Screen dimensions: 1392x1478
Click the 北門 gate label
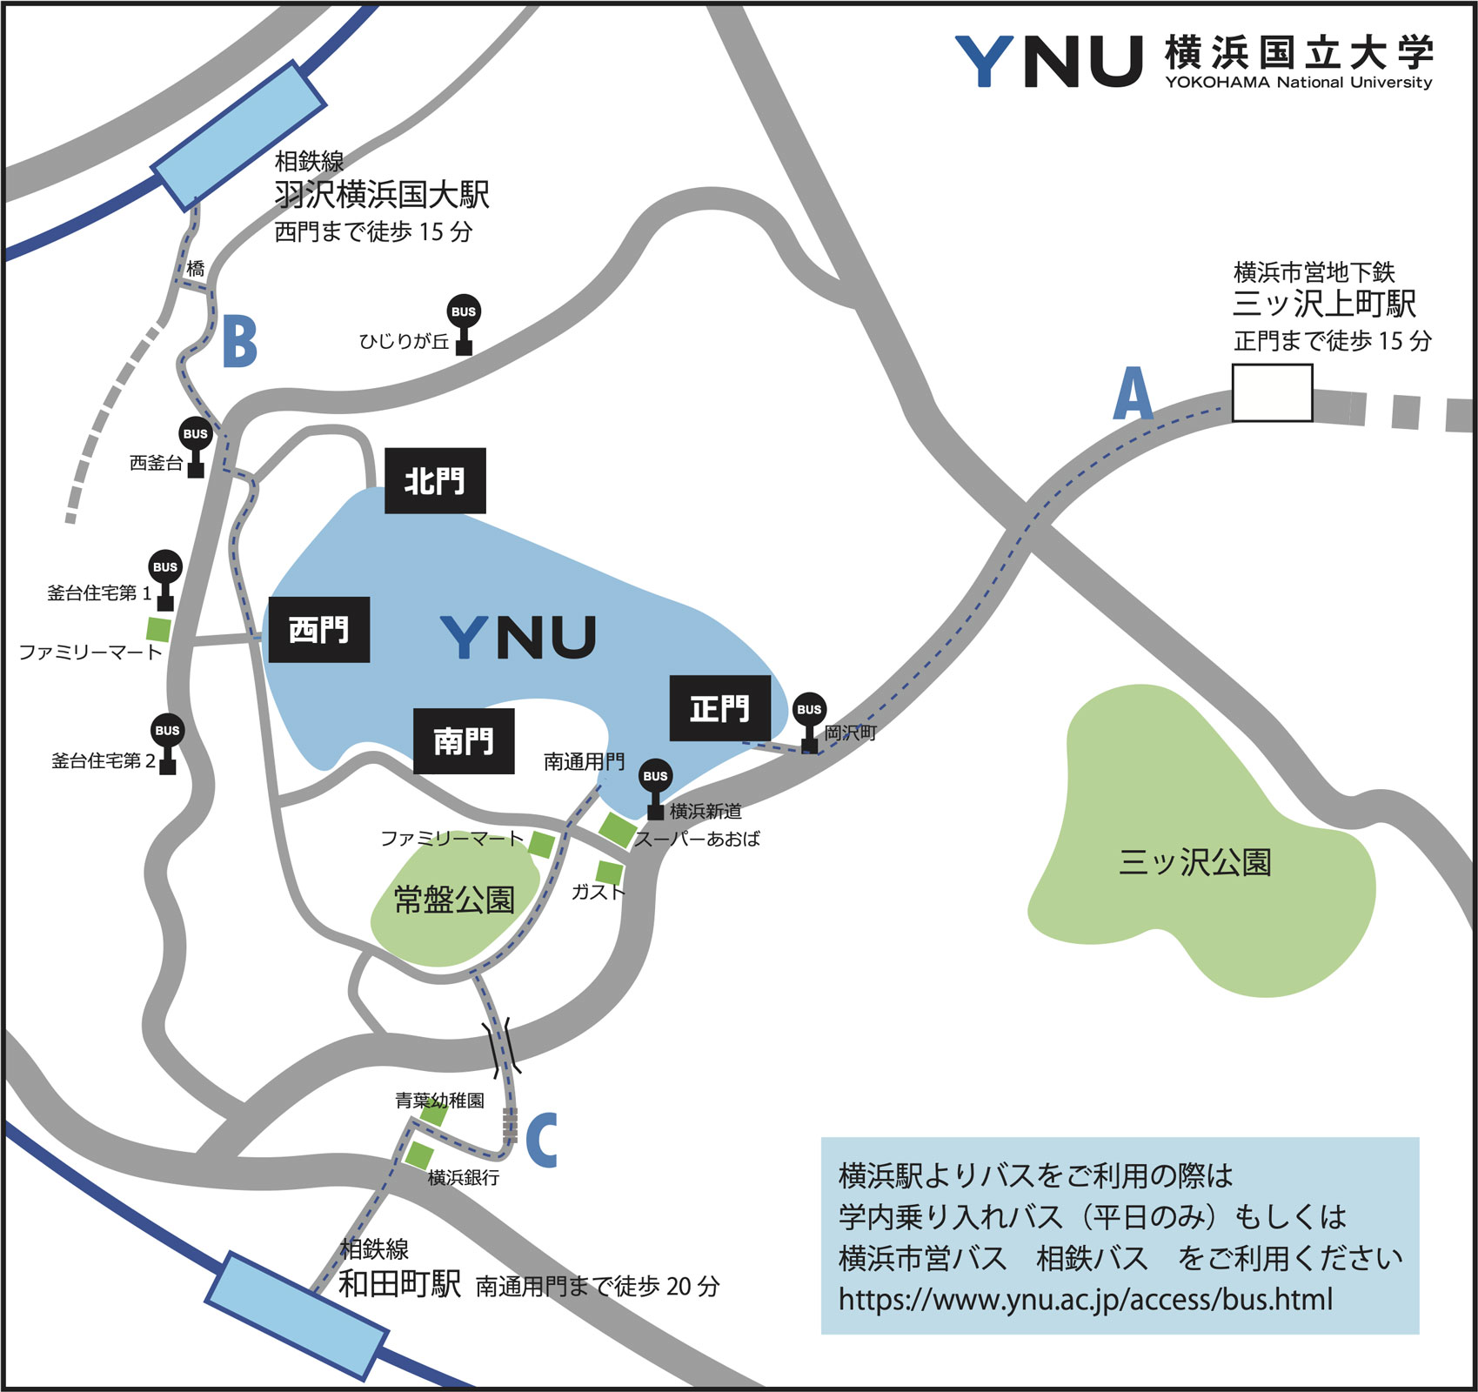pos(435,480)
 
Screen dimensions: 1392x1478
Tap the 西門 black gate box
pos(319,630)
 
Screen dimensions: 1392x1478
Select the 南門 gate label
pos(464,741)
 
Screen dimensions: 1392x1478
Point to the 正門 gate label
pos(720,708)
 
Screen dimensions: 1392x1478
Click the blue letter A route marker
pos(1134,394)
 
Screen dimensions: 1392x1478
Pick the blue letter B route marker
pos(240,342)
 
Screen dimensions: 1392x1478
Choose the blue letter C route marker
pos(541,1140)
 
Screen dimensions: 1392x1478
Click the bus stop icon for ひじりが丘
pos(464,323)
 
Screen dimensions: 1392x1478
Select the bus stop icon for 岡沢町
pos(809,720)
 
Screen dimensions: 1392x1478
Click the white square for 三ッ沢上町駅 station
pos(1272,393)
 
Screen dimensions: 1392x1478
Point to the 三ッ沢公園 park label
pos(1194,862)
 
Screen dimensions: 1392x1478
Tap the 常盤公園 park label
pos(454,900)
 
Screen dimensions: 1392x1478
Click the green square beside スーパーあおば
pos(618,829)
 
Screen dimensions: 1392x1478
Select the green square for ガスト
pos(610,872)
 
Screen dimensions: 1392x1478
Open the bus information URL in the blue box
pos(1085,1299)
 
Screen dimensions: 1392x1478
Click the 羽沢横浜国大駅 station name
pos(382,195)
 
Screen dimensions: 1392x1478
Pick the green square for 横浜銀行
pos(418,1155)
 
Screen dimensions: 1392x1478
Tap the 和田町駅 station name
pos(399,1283)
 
